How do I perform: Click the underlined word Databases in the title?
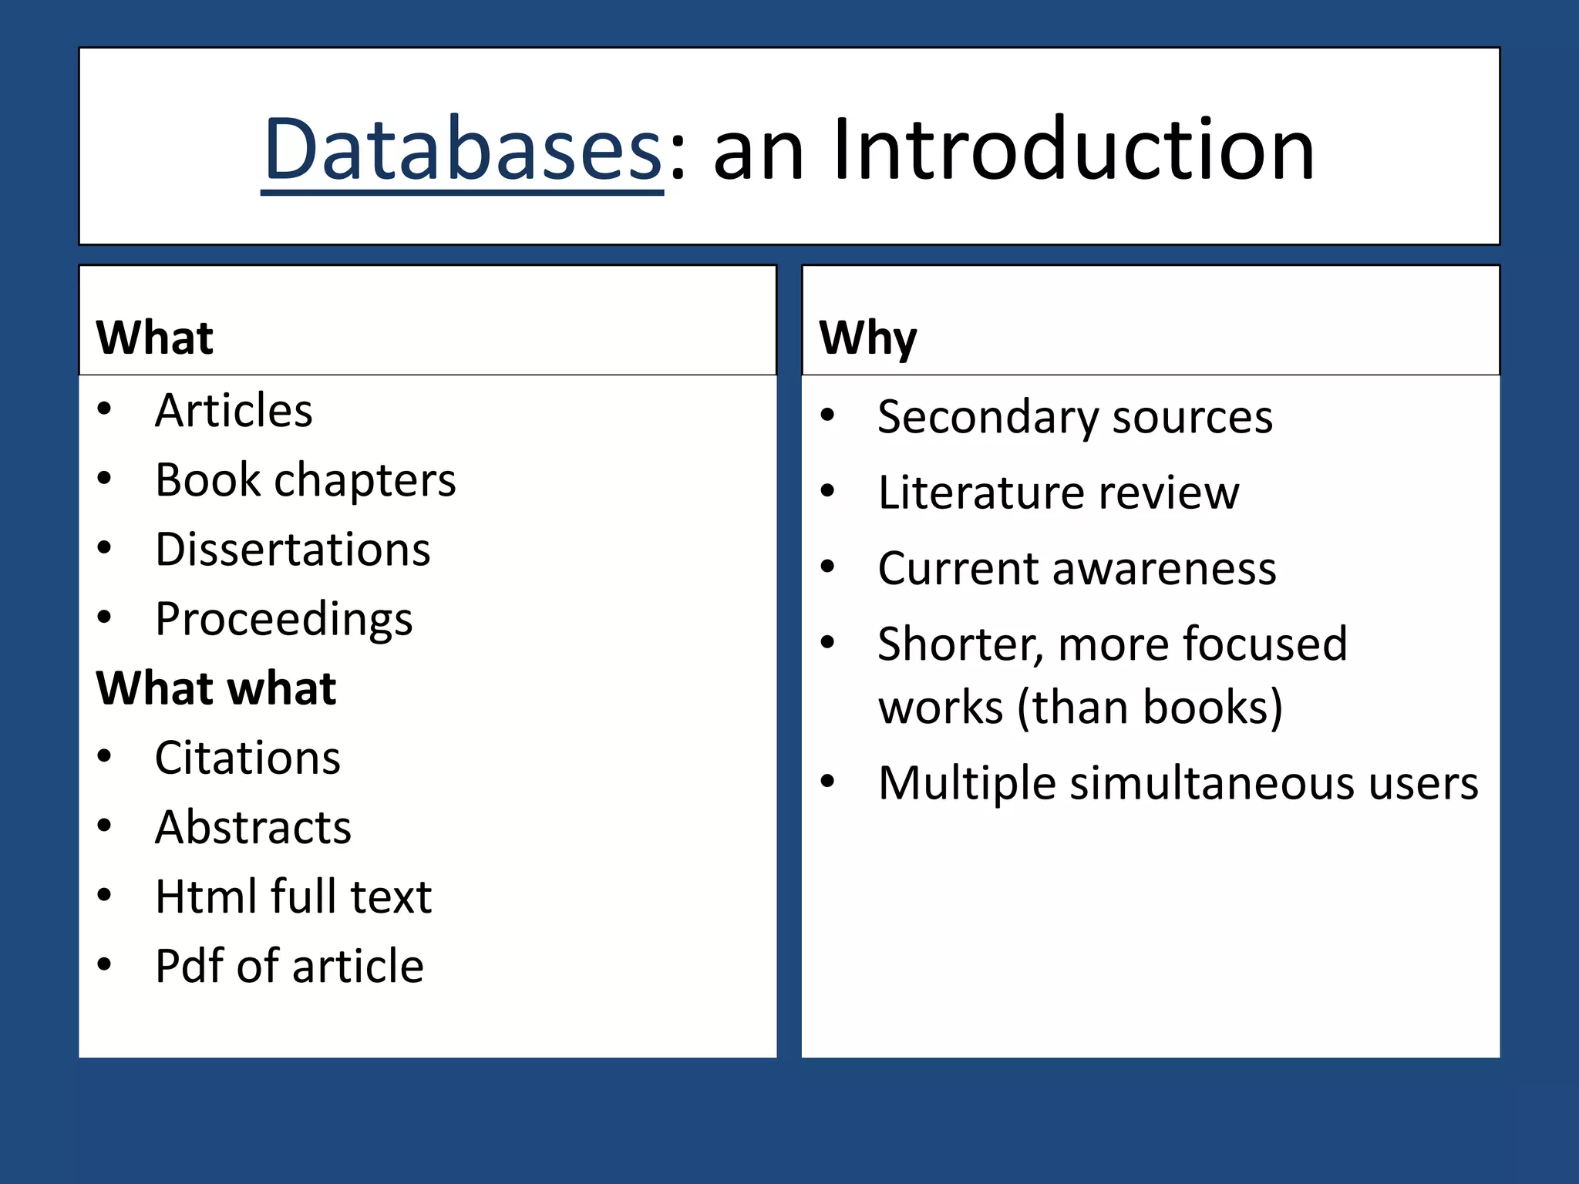coord(463,150)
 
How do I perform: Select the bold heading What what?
coord(216,688)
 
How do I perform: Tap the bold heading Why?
coord(867,338)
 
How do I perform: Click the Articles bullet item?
coord(234,410)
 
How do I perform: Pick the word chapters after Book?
coord(365,481)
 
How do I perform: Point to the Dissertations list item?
coord(292,550)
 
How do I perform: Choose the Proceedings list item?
coord(284,619)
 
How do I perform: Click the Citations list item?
coord(247,758)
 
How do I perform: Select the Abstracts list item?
coord(253,827)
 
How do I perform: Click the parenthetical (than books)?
coord(1150,707)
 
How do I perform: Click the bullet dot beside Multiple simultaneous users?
coord(827,782)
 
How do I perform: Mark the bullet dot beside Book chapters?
coord(105,479)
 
